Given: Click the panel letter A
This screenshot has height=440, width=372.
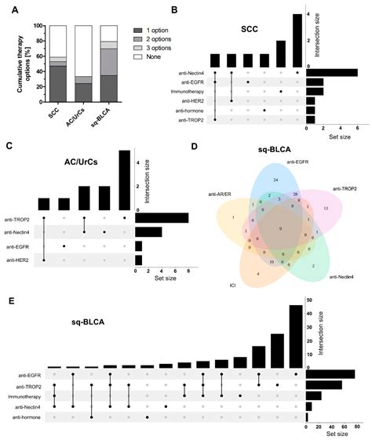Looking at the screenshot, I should tap(9, 10).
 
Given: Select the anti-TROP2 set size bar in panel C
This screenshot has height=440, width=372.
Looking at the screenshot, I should tap(162, 218).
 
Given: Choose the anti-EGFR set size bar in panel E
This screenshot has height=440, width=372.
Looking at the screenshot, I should tap(330, 374).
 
